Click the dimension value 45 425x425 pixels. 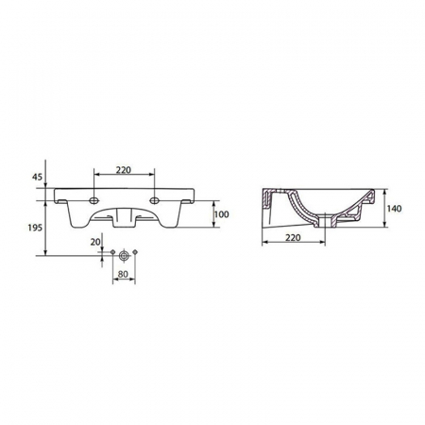(x=37, y=177)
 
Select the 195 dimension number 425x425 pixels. (x=35, y=228)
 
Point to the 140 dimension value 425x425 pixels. (x=394, y=209)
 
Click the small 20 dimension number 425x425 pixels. (x=95, y=242)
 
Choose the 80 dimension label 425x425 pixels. (x=123, y=274)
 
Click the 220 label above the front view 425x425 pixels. (x=124, y=170)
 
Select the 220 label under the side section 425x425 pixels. (x=293, y=237)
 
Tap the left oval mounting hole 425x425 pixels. (x=93, y=200)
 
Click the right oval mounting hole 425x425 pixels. (x=154, y=200)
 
